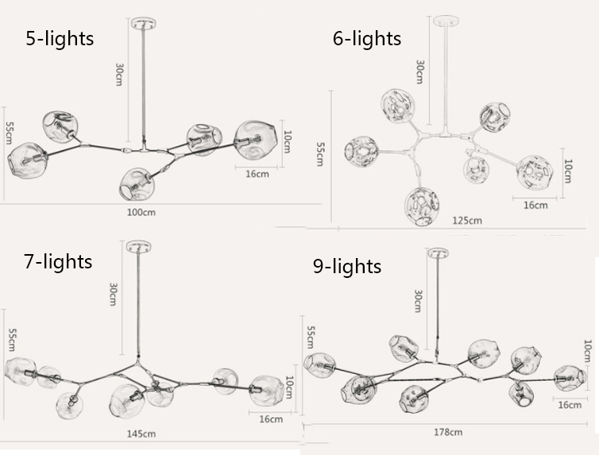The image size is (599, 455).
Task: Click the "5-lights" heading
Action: pos(60,37)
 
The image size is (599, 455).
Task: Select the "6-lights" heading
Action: pos(366,37)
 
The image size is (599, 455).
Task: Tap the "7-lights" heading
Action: pos(57,260)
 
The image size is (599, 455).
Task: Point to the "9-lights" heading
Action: pos(346,266)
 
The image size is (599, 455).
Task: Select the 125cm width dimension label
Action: pos(466,220)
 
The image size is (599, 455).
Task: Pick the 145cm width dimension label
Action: pos(141,434)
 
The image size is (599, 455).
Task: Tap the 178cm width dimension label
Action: pos(448,432)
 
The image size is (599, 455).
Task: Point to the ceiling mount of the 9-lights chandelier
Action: pos(437,254)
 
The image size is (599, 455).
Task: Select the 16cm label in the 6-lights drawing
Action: pos(535,205)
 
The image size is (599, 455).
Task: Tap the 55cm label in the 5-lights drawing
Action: pos(9,133)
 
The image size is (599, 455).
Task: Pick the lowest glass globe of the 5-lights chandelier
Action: pos(136,183)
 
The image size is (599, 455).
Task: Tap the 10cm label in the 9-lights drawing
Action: pos(587,352)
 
